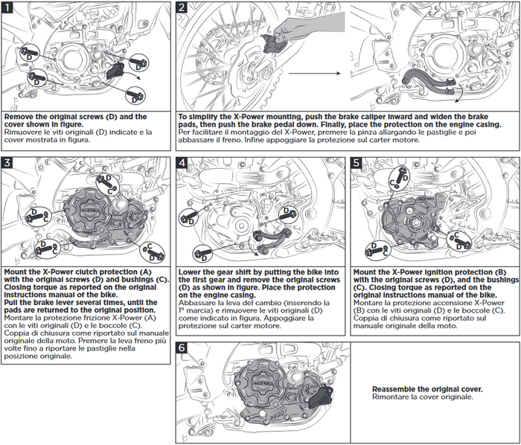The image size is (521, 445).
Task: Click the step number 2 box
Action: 183,8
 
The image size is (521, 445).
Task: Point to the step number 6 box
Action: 183,347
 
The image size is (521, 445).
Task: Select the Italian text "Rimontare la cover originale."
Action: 422,397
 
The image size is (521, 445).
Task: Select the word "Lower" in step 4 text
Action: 192,272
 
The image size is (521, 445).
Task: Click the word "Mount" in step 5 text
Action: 365,272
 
